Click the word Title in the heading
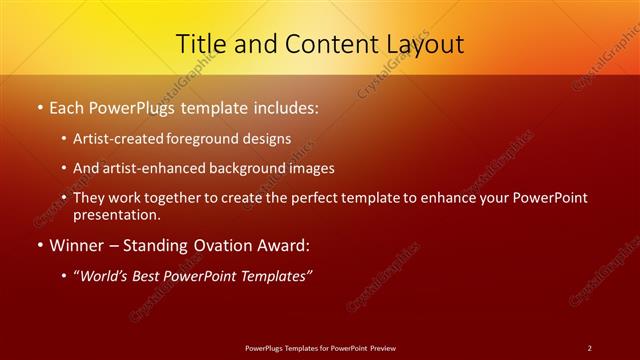pyautogui.click(x=200, y=44)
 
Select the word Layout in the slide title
pyautogui.click(x=425, y=44)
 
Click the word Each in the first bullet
pyautogui.click(x=67, y=107)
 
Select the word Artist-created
pyautogui.click(x=120, y=139)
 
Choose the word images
pyautogui.click(x=307, y=168)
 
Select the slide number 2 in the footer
pyautogui.click(x=590, y=348)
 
